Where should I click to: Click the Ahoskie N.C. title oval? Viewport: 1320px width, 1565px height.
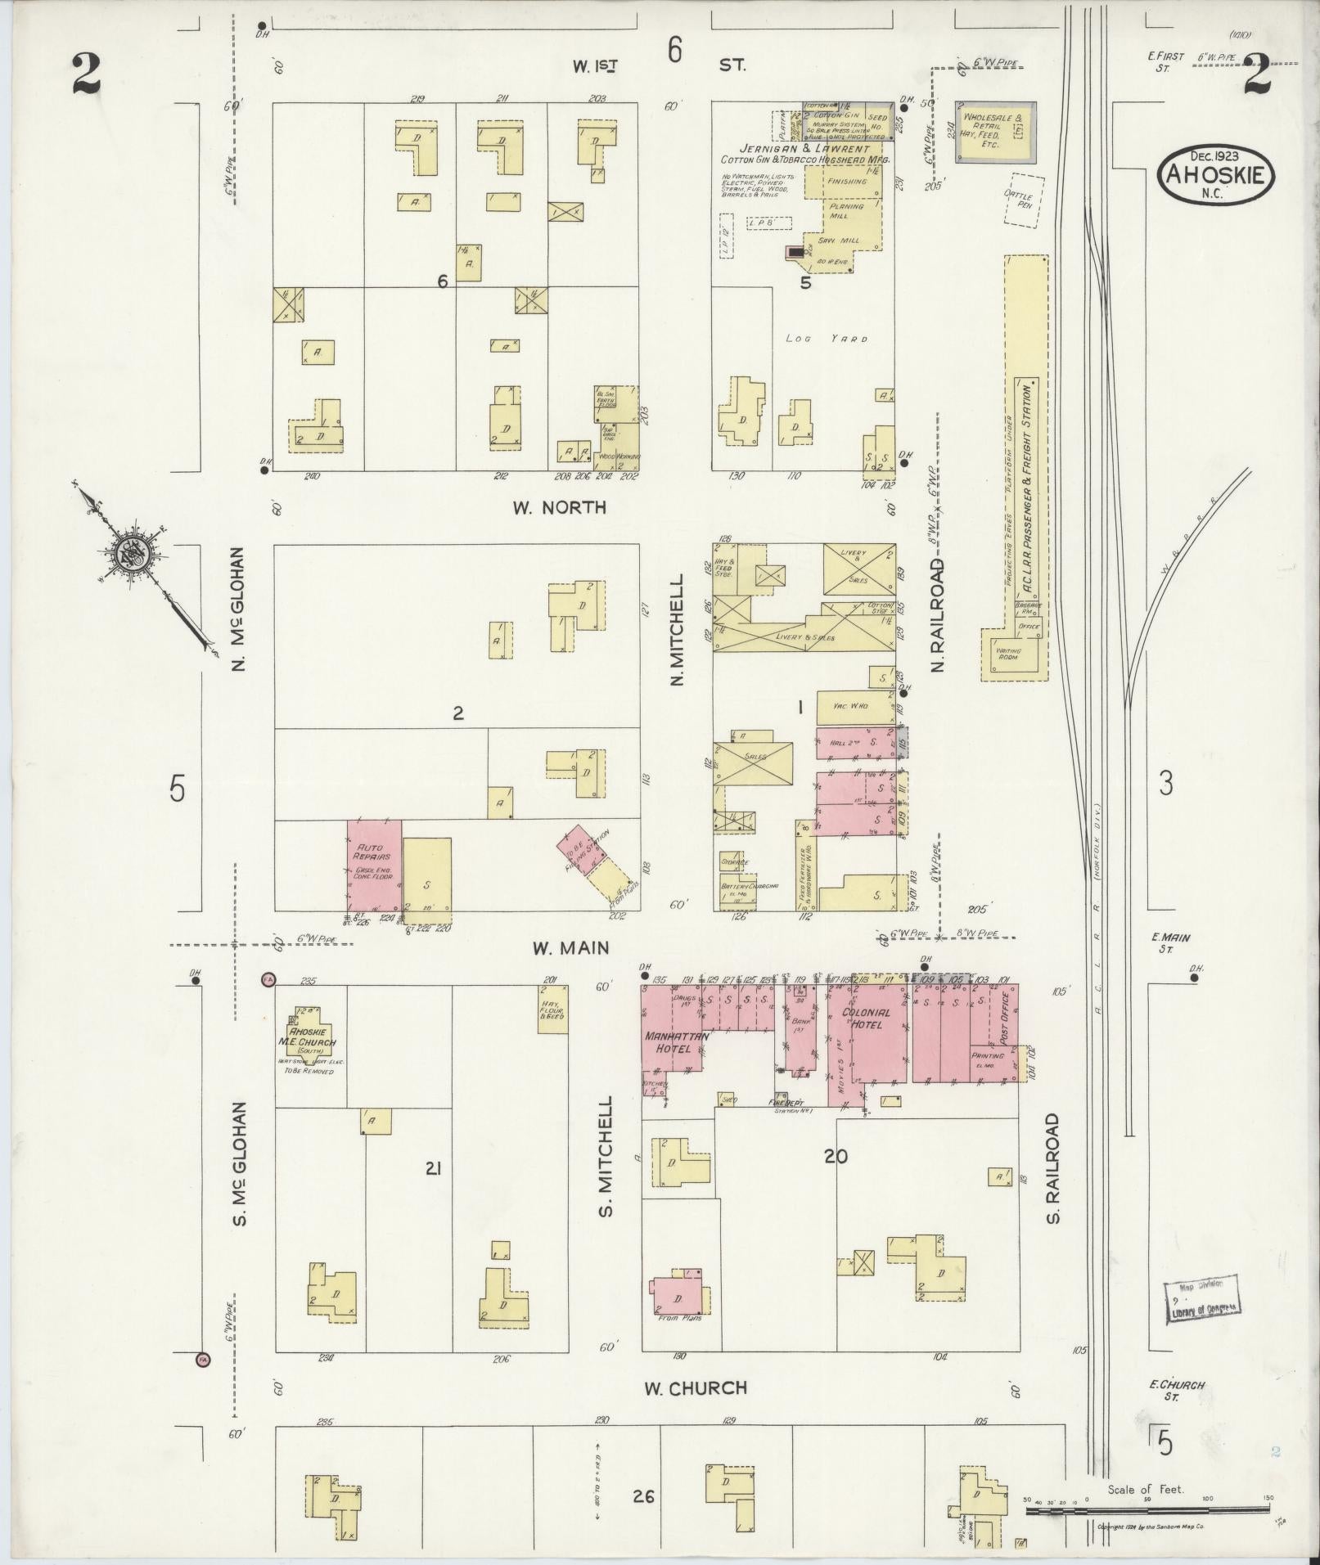tap(1216, 173)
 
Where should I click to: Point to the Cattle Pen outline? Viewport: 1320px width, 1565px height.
tap(1024, 200)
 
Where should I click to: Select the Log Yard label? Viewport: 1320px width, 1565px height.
tap(826, 338)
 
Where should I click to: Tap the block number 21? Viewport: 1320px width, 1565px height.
tap(434, 1169)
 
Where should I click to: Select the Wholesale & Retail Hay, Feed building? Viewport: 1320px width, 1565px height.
tap(995, 131)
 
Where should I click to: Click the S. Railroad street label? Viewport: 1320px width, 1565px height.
tap(1053, 1168)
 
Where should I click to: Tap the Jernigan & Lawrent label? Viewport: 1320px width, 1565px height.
tap(804, 150)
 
